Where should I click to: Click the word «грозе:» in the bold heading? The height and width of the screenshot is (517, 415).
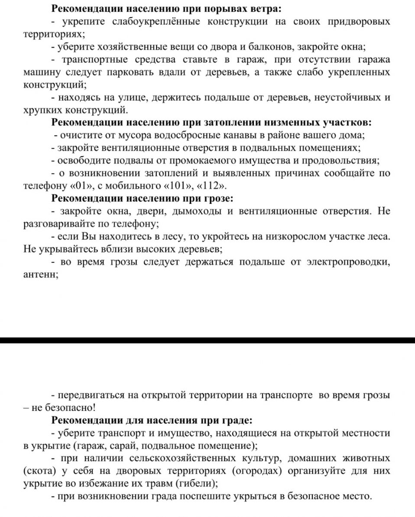pyautogui.click(x=218, y=199)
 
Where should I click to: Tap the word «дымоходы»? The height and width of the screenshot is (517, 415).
pyautogui.click(x=198, y=212)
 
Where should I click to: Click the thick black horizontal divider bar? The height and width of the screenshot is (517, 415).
pyautogui.click(x=207, y=340)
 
